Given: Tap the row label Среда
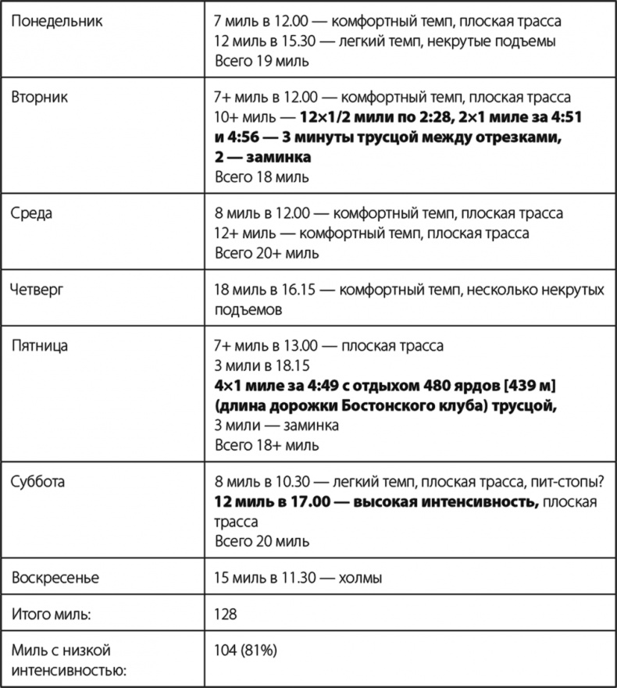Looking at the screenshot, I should (x=32, y=213).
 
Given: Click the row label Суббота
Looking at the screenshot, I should (x=38, y=481).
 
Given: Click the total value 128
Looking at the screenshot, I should (x=226, y=615).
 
